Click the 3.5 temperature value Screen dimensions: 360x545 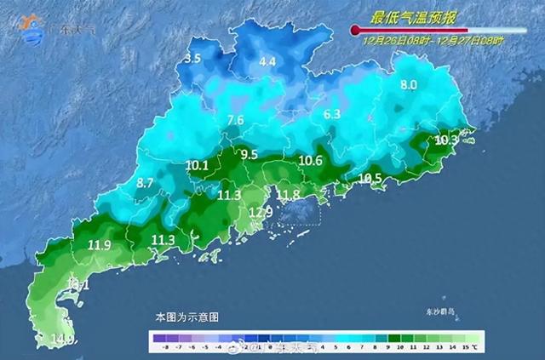(x=192, y=59)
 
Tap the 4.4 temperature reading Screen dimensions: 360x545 (x=267, y=61)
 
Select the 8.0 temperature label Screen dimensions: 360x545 (x=409, y=84)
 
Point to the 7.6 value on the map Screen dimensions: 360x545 (x=236, y=120)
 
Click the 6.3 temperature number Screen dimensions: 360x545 (x=332, y=114)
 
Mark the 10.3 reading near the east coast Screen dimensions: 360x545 (x=446, y=140)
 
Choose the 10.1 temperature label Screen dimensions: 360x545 (x=197, y=165)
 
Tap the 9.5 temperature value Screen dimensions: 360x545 (x=250, y=154)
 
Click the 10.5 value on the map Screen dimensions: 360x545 (x=370, y=178)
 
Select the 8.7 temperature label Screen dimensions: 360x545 (x=145, y=183)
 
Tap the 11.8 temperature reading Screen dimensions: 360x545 (x=290, y=195)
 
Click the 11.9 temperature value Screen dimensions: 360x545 (x=100, y=246)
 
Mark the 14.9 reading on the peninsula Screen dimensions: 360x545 (x=61, y=340)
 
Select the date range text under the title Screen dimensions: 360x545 (x=433, y=40)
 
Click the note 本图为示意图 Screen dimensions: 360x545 (x=186, y=316)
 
